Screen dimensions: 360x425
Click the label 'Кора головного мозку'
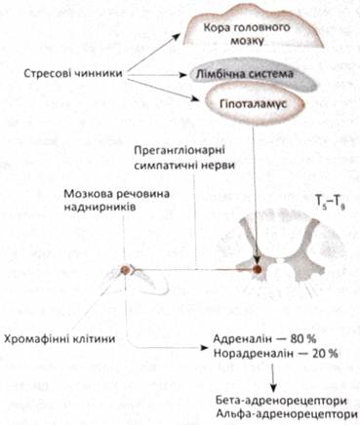click(x=247, y=33)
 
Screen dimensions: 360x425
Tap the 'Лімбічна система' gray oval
click(x=253, y=76)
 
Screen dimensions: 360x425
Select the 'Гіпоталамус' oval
click(x=255, y=104)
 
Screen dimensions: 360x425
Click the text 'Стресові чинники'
click(x=73, y=73)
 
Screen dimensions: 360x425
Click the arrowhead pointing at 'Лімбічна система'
click(x=184, y=75)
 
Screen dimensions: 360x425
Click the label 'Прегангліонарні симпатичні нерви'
click(x=184, y=158)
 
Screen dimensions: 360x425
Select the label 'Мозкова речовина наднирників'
click(x=117, y=201)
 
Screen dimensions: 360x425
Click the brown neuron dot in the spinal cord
click(x=258, y=269)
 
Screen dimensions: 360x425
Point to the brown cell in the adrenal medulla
click(x=125, y=269)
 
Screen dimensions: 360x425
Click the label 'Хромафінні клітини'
click(x=60, y=339)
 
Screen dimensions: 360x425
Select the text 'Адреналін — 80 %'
click(x=264, y=339)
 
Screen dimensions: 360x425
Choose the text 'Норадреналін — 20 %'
click(x=275, y=353)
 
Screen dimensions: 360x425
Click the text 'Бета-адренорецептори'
click(x=281, y=401)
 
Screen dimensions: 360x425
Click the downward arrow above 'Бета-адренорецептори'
click(x=274, y=377)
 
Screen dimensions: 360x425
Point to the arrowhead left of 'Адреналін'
click(x=205, y=348)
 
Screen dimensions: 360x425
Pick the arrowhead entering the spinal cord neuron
click(x=258, y=260)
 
